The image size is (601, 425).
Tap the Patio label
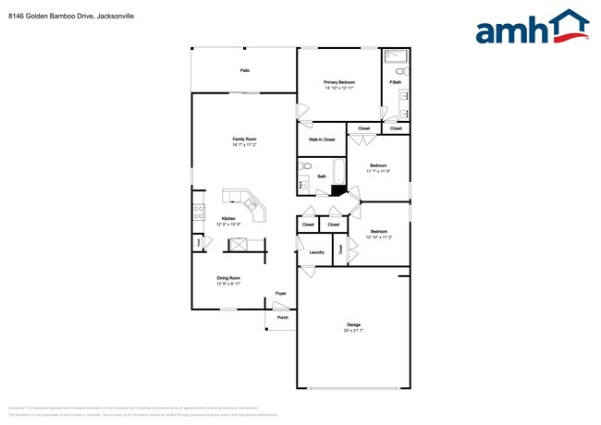tap(245, 70)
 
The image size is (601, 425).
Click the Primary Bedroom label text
tap(339, 82)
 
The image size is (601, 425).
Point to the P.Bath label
tap(395, 83)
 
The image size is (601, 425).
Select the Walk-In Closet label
tap(322, 140)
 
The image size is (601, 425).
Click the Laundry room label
tap(316, 251)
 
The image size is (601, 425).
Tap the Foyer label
tap(281, 294)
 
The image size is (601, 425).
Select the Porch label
tap(282, 318)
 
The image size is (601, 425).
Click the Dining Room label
tap(228, 278)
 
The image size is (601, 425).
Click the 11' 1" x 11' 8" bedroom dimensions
tap(378, 171)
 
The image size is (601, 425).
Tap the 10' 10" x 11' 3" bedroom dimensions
tap(379, 237)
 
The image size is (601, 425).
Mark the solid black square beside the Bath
tap(338, 191)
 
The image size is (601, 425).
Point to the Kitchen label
tap(228, 218)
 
